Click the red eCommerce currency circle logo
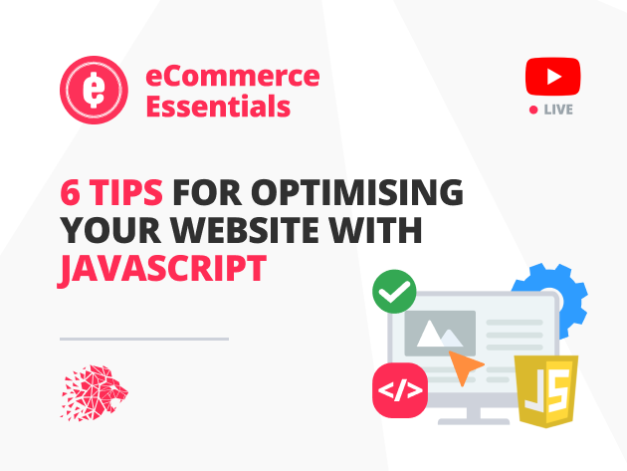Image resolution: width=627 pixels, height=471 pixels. click(94, 90)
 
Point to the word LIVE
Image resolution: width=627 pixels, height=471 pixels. click(558, 110)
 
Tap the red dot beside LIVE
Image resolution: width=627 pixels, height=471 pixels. click(533, 110)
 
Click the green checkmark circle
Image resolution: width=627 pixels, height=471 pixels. click(393, 292)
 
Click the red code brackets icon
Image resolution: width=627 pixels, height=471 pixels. click(399, 389)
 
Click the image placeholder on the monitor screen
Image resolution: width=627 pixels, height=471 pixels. click(440, 334)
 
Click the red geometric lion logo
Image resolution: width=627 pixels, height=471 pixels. click(94, 391)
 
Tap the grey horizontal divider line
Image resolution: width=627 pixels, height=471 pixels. click(144, 339)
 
